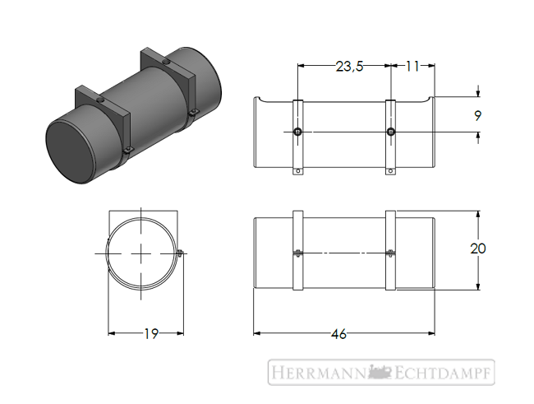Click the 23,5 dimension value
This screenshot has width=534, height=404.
tap(350, 66)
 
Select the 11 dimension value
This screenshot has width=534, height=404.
tap(412, 66)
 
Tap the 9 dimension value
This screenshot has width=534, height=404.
tap(478, 116)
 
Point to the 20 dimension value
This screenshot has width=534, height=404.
tap(478, 248)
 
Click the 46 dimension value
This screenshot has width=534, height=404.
tap(338, 334)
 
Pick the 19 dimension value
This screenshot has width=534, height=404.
tap(151, 334)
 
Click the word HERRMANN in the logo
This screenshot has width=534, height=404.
tap(318, 372)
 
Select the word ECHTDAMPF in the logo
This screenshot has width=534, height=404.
tap(444, 372)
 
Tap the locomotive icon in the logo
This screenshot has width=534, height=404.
tap(380, 372)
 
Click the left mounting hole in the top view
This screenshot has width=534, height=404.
tap(298, 132)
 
